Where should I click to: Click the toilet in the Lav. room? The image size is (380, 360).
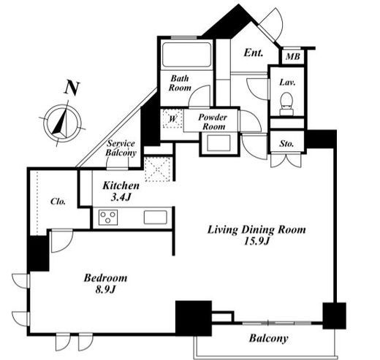point(286,104)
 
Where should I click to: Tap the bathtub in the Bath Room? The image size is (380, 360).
point(186,55)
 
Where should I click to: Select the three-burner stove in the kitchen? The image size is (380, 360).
point(108,217)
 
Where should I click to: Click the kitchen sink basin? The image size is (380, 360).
point(156,217)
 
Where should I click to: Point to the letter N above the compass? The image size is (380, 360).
point(72,88)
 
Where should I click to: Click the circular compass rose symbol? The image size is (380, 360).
point(63,123)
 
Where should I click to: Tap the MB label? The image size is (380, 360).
point(293,56)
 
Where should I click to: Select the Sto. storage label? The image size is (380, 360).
point(286,144)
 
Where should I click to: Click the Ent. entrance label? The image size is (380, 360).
point(254,53)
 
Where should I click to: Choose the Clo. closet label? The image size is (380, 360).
point(58,202)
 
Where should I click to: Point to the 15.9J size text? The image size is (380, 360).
point(256,241)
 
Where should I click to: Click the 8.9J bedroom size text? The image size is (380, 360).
point(105,290)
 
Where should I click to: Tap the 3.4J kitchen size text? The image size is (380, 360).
point(121,197)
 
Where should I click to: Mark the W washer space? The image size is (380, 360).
point(172,119)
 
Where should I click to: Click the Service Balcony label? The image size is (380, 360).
point(121,148)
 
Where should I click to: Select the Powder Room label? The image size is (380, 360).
point(213,122)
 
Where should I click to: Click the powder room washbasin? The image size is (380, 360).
point(218,143)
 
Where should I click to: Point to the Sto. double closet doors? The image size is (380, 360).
point(286,161)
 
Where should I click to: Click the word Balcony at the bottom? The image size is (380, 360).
point(268,338)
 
